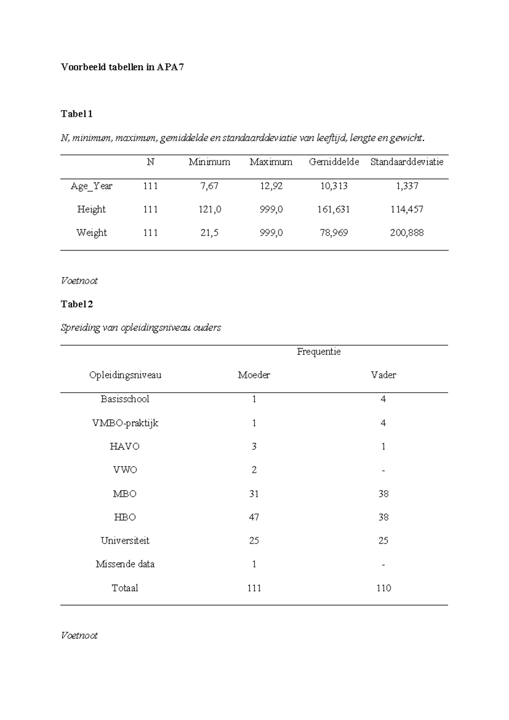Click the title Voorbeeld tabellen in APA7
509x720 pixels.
coord(122,67)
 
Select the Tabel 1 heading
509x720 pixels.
coord(77,114)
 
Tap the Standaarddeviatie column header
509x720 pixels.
coord(407,162)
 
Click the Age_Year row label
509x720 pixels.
coord(92,186)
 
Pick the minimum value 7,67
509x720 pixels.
coord(210,186)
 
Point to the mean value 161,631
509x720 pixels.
coord(334,209)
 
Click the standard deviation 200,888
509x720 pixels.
coord(407,233)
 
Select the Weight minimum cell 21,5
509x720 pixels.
coord(210,233)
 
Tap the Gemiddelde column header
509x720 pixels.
coord(334,162)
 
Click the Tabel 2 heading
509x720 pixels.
coord(77,304)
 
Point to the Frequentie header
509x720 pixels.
coord(319,352)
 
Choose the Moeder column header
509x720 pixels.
coord(254,375)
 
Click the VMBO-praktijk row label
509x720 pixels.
coord(125,423)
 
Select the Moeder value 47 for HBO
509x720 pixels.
coord(254,517)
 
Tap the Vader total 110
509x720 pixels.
coord(383,588)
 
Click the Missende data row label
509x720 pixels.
coord(125,564)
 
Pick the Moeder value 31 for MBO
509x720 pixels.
coord(254,494)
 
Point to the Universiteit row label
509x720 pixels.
coord(125,540)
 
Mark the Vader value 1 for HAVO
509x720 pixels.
coord(383,446)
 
